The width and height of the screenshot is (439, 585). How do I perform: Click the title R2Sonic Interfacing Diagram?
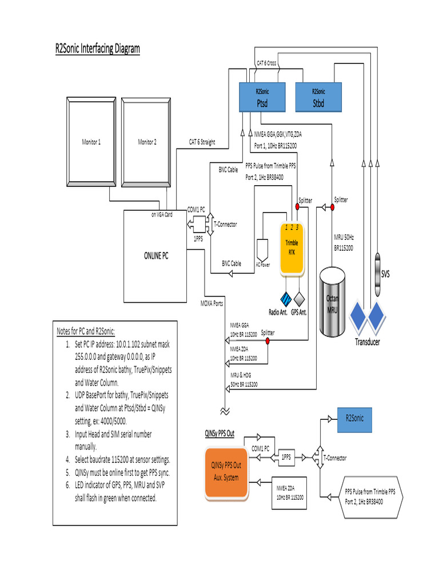click(97, 49)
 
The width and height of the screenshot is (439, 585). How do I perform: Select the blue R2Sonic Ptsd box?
click(262, 97)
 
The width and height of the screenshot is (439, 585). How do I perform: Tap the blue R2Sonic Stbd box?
click(318, 97)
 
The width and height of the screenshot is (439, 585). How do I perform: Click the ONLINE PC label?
click(155, 256)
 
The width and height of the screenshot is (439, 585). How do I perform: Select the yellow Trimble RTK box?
click(292, 247)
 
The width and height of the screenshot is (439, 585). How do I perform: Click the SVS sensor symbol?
click(378, 274)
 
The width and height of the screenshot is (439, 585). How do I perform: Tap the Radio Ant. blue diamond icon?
click(286, 299)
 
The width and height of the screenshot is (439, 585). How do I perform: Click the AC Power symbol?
click(263, 250)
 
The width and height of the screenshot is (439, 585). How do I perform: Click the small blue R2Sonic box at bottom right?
click(354, 419)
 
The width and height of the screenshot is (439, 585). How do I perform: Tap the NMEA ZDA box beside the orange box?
click(290, 492)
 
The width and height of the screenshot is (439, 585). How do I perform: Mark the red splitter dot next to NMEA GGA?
click(266, 341)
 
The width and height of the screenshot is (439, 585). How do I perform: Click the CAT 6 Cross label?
click(266, 63)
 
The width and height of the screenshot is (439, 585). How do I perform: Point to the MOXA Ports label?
click(211, 303)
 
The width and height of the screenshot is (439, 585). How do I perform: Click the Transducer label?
click(367, 343)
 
